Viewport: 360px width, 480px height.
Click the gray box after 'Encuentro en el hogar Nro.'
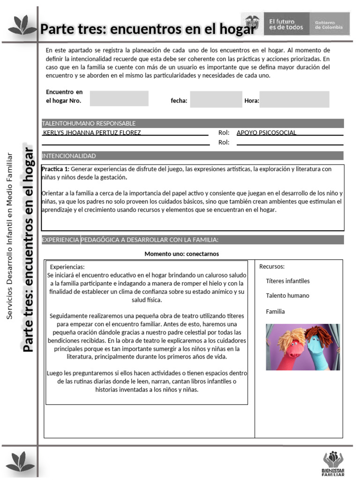click(x=119, y=98)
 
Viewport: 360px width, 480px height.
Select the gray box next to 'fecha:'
click(x=216, y=99)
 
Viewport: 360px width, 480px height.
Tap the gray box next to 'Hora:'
click(x=294, y=99)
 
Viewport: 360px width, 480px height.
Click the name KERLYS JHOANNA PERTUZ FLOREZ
click(x=92, y=133)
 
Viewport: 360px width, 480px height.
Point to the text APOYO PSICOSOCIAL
click(x=266, y=133)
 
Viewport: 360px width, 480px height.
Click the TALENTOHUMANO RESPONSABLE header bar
click(x=193, y=123)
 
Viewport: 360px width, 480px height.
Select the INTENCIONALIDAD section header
click(x=193, y=156)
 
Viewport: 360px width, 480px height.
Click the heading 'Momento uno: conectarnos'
click(x=181, y=254)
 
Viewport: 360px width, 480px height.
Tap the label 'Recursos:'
click(x=272, y=267)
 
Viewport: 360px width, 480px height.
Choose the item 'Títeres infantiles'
click(x=287, y=281)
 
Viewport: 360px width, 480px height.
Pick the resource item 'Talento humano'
click(x=287, y=296)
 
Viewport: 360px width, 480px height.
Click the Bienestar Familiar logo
click(x=333, y=462)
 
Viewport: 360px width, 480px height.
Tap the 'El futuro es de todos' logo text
click(x=286, y=24)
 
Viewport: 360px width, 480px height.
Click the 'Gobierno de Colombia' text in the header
click(x=328, y=25)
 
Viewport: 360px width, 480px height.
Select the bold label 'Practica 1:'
click(x=55, y=169)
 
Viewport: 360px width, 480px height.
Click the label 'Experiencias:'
click(x=67, y=267)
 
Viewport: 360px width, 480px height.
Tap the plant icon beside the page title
click(x=22, y=25)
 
